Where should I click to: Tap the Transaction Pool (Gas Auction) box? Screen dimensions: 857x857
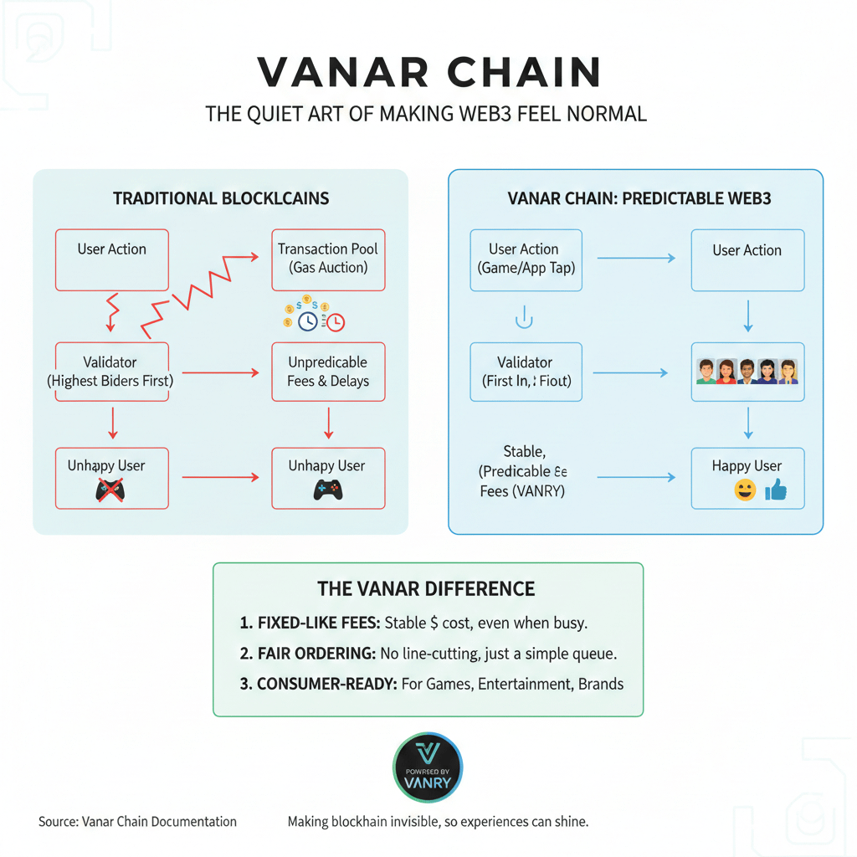tap(328, 259)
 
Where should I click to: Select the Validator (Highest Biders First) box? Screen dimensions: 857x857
tap(112, 372)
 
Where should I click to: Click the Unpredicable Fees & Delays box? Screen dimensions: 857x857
tap(328, 372)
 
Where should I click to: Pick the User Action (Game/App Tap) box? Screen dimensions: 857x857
tap(526, 259)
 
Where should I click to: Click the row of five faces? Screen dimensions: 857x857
tap(747, 371)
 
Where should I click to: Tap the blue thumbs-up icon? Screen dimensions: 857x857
tap(776, 491)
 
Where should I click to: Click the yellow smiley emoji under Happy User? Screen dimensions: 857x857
tap(744, 491)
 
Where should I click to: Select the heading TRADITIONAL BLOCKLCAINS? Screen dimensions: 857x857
tap(221, 198)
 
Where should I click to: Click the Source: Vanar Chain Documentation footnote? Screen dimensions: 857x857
tap(137, 822)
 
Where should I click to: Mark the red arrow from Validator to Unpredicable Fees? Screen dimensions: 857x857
tap(220, 372)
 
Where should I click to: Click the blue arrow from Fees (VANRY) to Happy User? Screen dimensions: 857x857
tap(636, 477)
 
